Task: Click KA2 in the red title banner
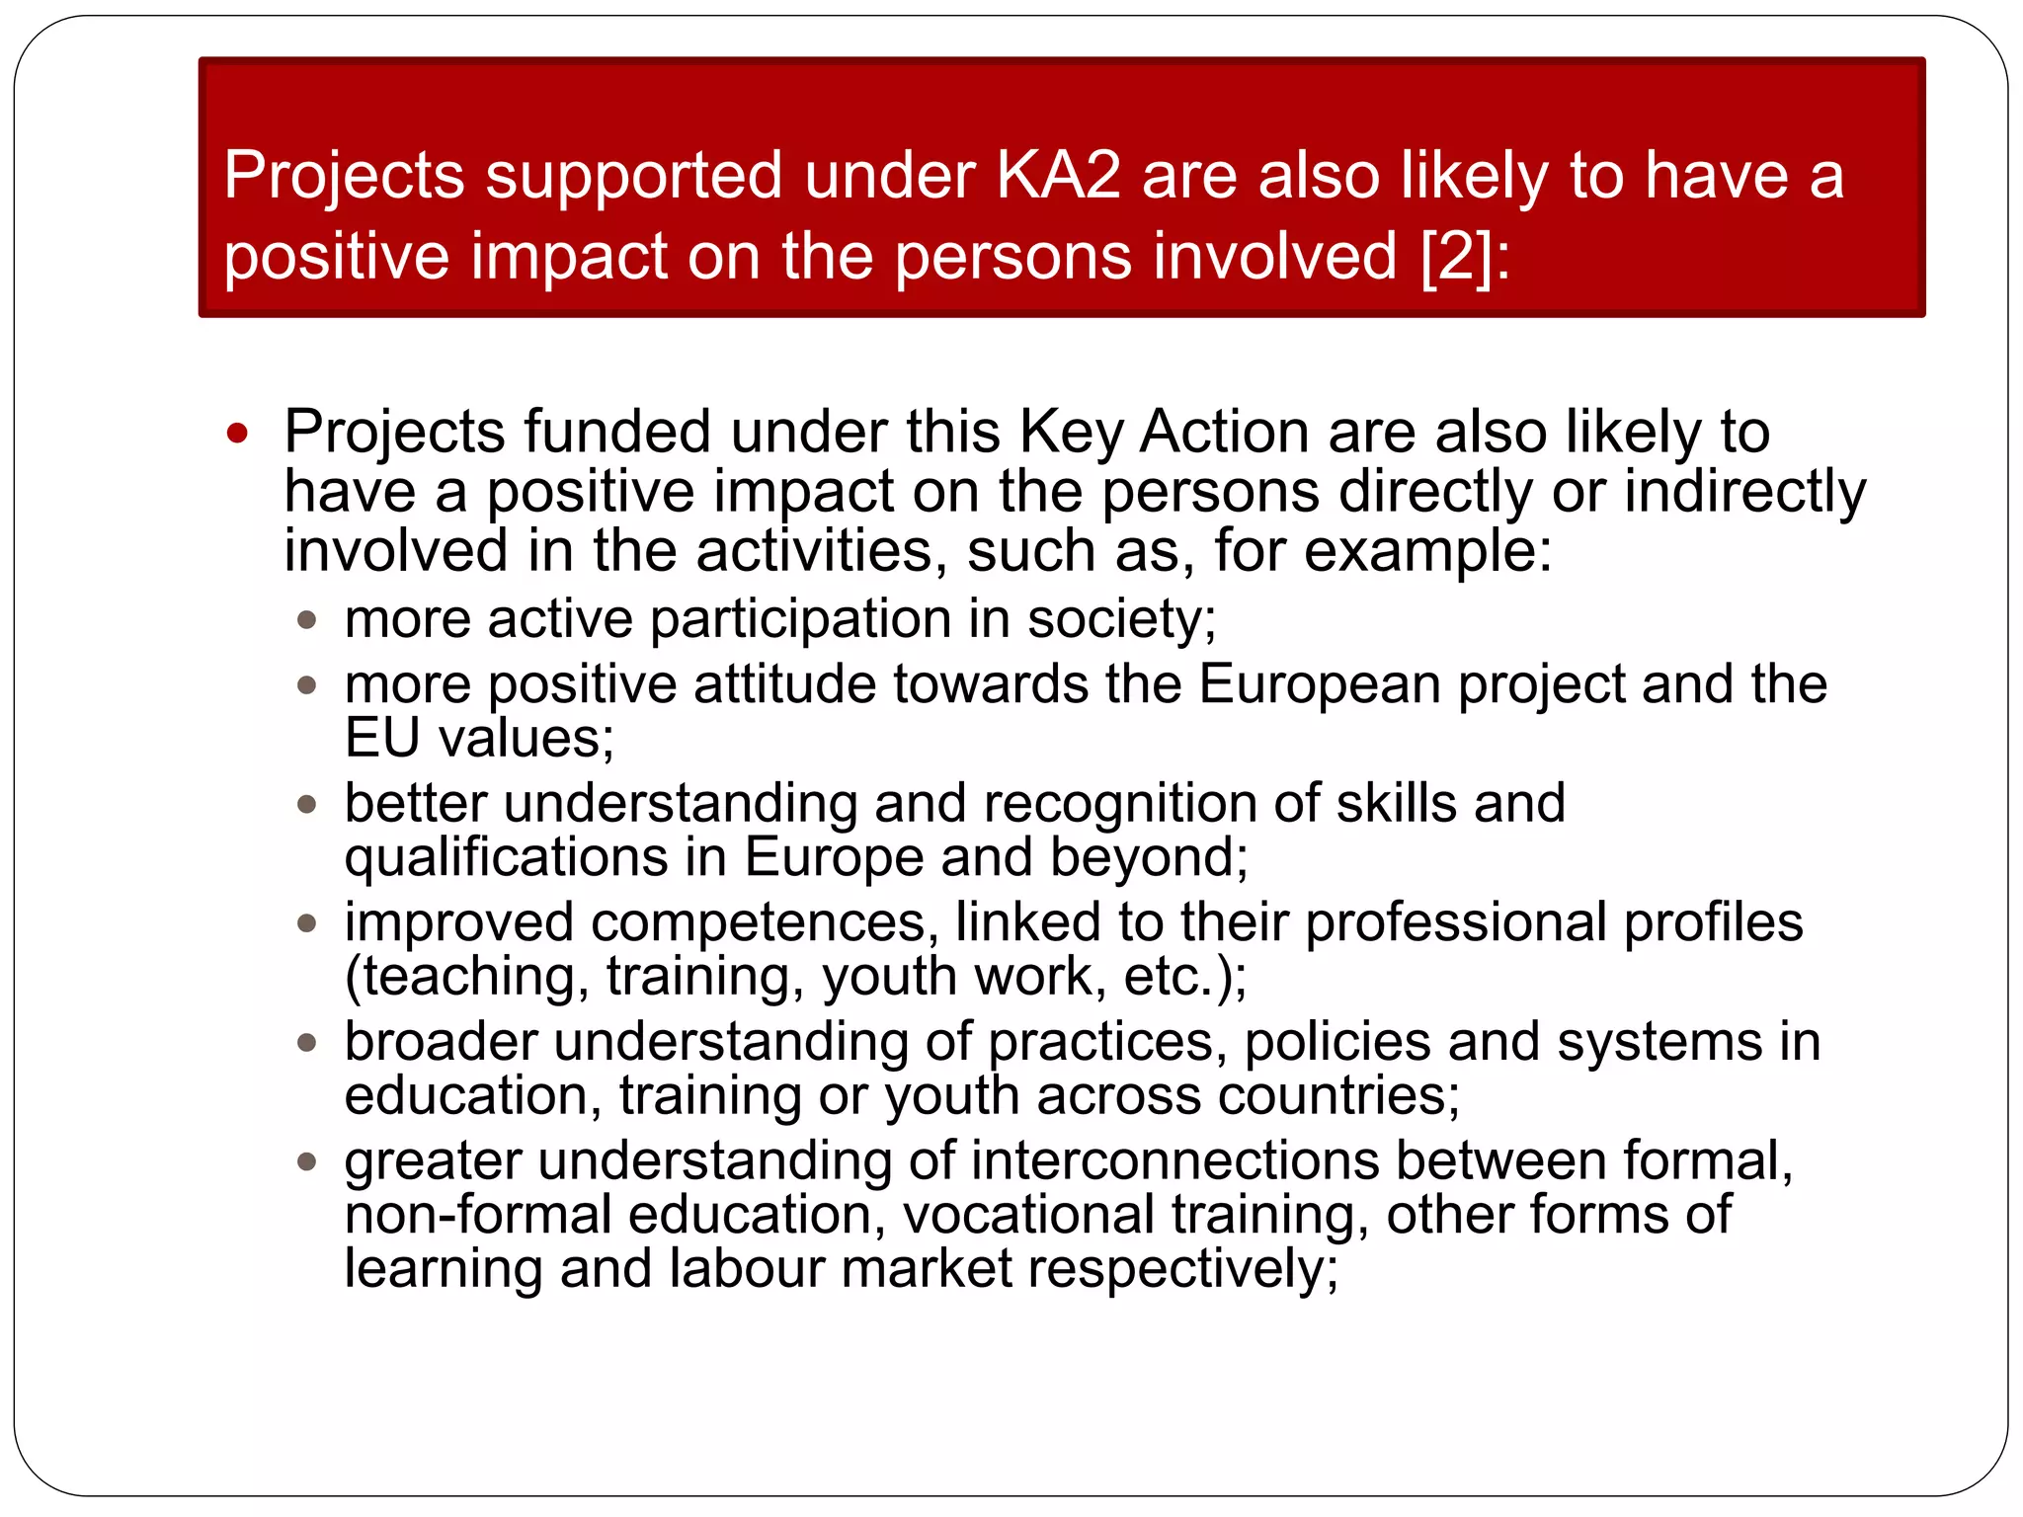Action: tap(1058, 176)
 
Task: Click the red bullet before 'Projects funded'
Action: tap(237, 433)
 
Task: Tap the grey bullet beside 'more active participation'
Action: tap(307, 620)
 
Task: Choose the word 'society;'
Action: tap(1121, 619)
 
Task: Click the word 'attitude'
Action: tap(784, 683)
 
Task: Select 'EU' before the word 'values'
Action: tap(382, 738)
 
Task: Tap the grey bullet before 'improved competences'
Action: tap(307, 923)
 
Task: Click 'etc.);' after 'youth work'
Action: tap(1185, 977)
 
